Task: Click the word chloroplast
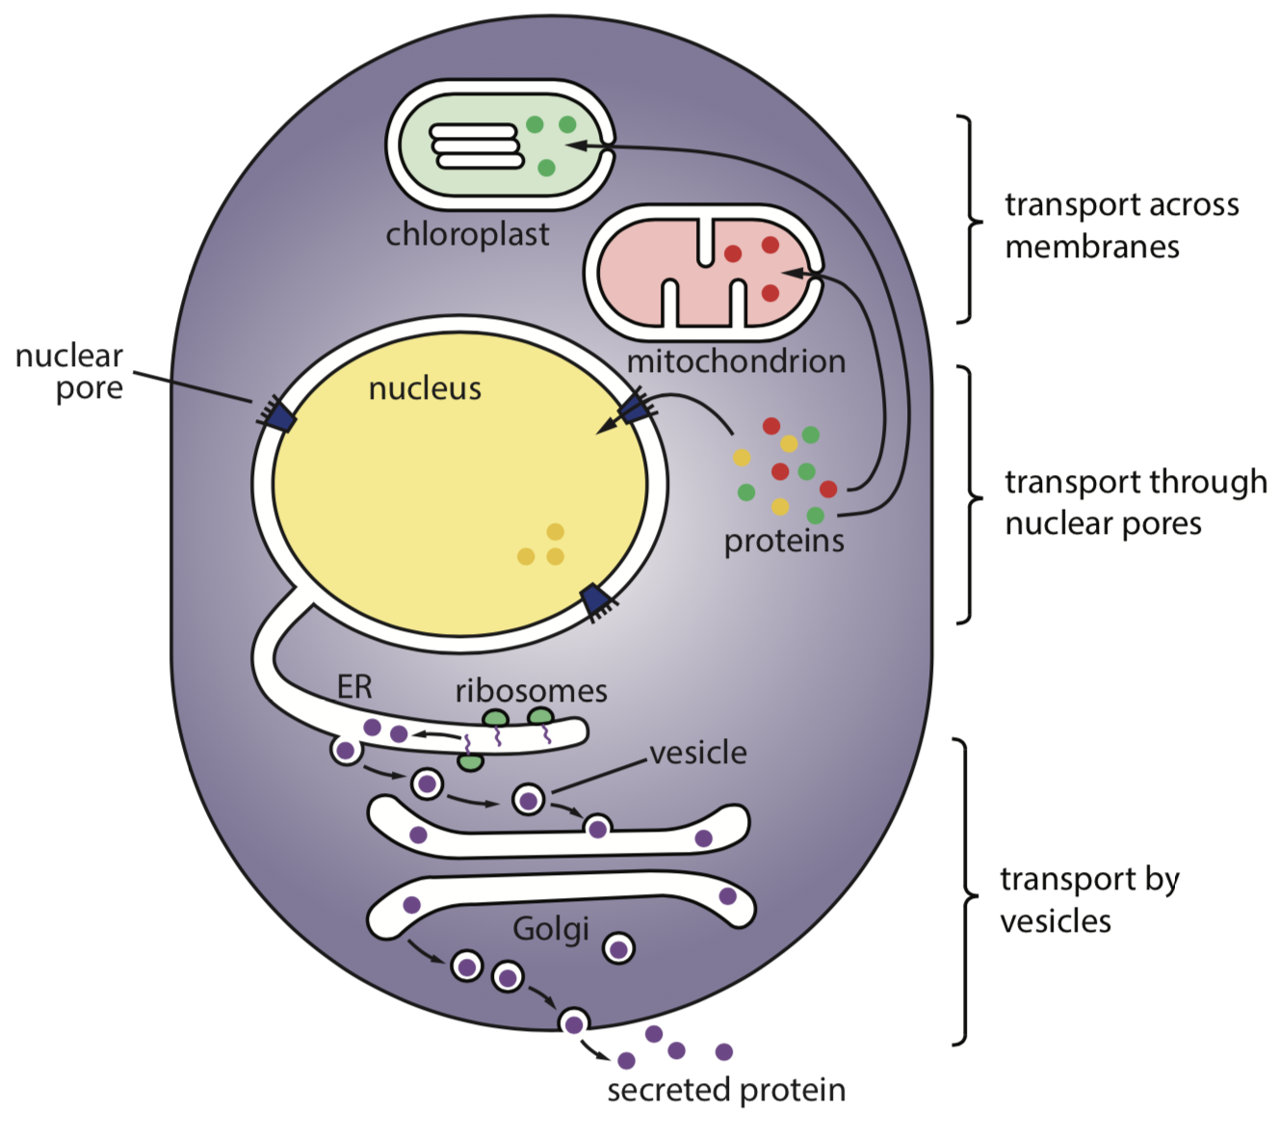(467, 234)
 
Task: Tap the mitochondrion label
(736, 361)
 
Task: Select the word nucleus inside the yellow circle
(425, 388)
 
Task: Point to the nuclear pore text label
(69, 372)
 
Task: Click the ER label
(354, 687)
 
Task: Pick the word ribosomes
(531, 691)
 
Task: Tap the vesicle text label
(698, 753)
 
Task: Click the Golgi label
(551, 929)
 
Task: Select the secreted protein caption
(726, 1090)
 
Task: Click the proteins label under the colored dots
(784, 541)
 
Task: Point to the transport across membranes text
(1121, 225)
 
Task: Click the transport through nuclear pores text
(1135, 502)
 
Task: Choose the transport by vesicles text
(1089, 900)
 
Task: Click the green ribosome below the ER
(470, 762)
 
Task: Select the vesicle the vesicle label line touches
(528, 799)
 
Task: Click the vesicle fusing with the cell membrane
(574, 1023)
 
